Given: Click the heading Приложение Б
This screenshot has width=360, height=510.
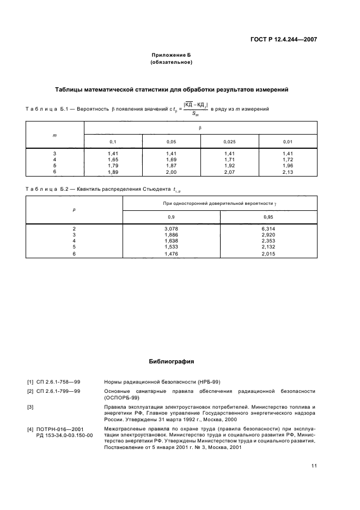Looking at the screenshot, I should pyautogui.click(x=171, y=55).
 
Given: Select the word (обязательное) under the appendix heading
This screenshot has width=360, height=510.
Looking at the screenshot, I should pyautogui.click(x=171, y=62).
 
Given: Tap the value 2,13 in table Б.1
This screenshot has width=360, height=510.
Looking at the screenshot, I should pyautogui.click(x=288, y=172).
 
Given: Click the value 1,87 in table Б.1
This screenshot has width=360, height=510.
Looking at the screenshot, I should pyautogui.click(x=171, y=166).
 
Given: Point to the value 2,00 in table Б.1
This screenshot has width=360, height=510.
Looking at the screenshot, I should pyautogui.click(x=171, y=172).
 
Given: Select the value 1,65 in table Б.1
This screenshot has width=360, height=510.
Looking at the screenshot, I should pyautogui.click(x=113, y=160).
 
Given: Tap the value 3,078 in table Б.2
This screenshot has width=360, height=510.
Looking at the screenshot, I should pyautogui.click(x=172, y=228).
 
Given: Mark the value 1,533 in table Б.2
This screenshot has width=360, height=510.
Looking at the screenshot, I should pyautogui.click(x=172, y=246).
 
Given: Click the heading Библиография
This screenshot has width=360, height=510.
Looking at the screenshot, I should pyautogui.click(x=171, y=361).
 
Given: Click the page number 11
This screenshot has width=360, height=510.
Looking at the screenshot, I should pyautogui.click(x=314, y=466).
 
